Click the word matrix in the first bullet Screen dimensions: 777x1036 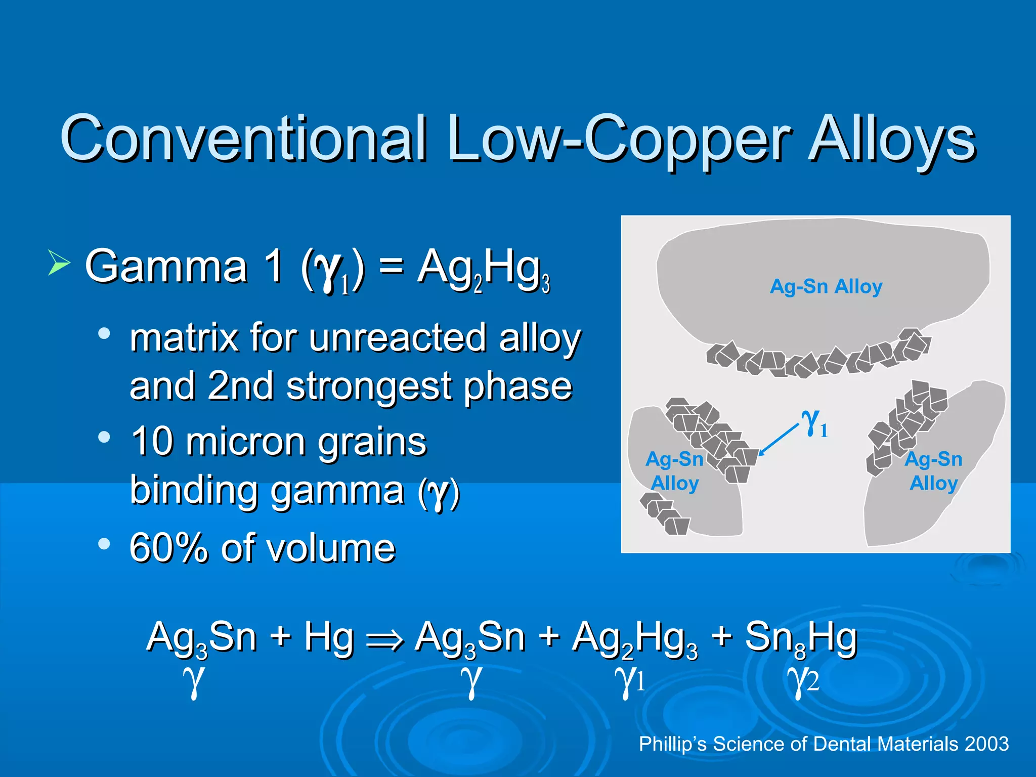point(184,338)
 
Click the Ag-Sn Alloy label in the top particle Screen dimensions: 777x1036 point(826,287)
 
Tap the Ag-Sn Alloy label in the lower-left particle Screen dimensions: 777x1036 point(674,471)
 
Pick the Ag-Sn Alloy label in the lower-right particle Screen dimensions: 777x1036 point(933,471)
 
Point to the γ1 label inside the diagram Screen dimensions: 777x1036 point(814,423)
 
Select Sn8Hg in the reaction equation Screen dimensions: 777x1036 point(801,638)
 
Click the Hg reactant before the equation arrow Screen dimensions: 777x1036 point(328,637)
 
